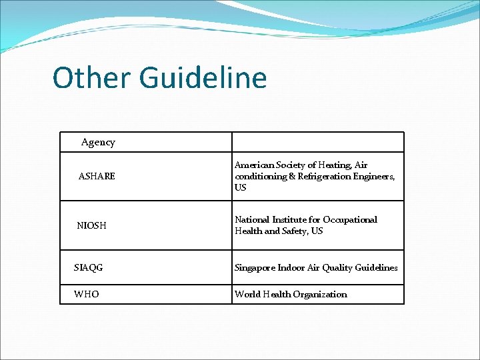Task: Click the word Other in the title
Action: click(92, 78)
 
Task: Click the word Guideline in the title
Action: click(203, 78)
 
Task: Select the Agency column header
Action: click(98, 142)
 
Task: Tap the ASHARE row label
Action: click(97, 176)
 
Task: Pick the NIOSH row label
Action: click(91, 225)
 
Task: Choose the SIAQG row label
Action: click(89, 267)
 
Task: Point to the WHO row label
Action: click(87, 294)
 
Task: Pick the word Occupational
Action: click(351, 219)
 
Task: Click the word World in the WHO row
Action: click(248, 294)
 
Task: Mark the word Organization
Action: click(319, 294)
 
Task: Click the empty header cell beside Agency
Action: click(317, 142)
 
